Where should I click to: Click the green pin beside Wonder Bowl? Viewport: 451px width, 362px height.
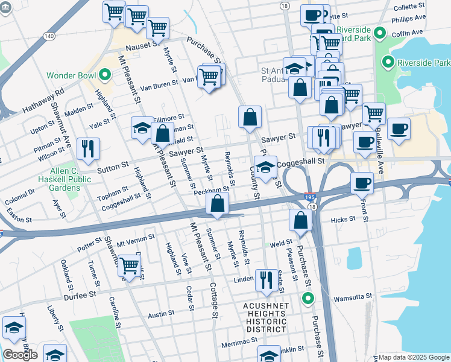105,76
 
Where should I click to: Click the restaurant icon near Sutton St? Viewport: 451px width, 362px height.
88,149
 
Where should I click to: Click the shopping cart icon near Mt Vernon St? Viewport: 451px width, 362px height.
129,265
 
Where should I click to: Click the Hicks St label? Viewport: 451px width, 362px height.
344,221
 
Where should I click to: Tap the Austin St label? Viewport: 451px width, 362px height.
161,314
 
